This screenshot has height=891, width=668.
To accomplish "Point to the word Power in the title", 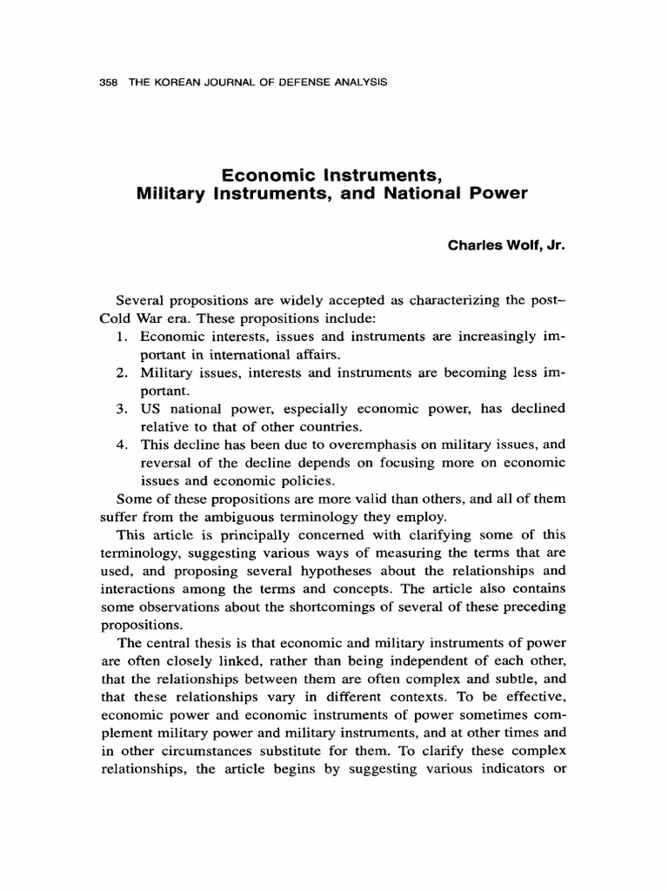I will pos(502,193).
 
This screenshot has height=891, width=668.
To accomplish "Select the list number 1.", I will pos(122,337).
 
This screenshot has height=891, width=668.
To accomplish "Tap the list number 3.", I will pos(122,408).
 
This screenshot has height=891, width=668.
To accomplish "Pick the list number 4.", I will pos(122,444).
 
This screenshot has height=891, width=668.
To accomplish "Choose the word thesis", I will pos(225,643).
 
